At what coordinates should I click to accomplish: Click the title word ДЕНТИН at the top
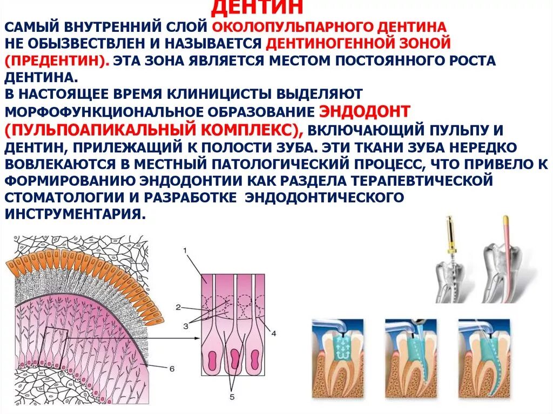point(257,8)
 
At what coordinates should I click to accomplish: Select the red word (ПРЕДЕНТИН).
point(57,60)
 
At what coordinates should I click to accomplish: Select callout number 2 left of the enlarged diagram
point(178,307)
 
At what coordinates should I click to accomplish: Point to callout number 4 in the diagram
point(273,333)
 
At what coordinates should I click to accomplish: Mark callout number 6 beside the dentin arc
point(172,369)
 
